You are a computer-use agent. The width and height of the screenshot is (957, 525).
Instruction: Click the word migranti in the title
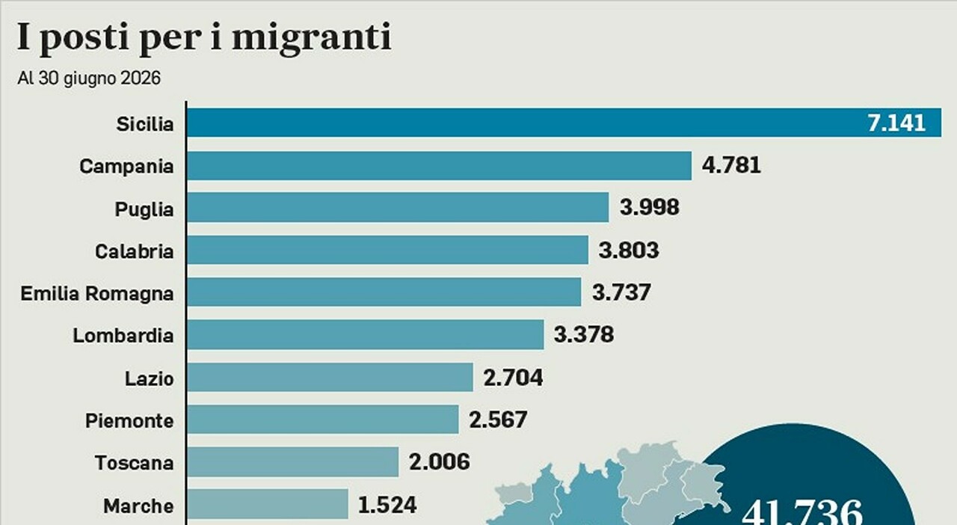pos(312,37)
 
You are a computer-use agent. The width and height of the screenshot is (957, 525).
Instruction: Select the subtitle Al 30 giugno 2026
pos(89,79)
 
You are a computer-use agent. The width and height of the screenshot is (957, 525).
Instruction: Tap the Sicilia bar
pos(564,123)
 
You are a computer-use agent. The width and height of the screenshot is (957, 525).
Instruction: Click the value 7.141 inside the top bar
pos(896,123)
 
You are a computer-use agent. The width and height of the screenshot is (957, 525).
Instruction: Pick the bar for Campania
pos(439,165)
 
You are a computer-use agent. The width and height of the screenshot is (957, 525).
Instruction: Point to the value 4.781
pos(731,165)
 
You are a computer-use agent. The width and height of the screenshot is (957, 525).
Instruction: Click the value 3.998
pos(650,207)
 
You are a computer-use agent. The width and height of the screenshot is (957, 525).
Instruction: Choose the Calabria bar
pos(387,250)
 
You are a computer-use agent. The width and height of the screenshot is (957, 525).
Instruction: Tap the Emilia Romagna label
pos(97,294)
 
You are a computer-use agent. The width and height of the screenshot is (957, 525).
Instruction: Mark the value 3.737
pos(621,292)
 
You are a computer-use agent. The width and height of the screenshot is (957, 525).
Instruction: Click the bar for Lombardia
pos(366,334)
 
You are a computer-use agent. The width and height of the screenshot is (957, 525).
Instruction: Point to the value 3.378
pos(584,334)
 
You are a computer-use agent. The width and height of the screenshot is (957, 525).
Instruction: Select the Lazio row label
pos(149,378)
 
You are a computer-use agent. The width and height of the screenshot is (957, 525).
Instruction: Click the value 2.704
pos(513,378)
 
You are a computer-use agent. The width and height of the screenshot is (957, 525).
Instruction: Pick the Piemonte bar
pos(323,420)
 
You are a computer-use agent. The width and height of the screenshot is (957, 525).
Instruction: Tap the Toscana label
pos(134,463)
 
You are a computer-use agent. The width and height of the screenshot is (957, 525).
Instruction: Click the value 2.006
pos(439,462)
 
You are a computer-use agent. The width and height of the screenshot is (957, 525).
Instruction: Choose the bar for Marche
pos(268,504)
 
